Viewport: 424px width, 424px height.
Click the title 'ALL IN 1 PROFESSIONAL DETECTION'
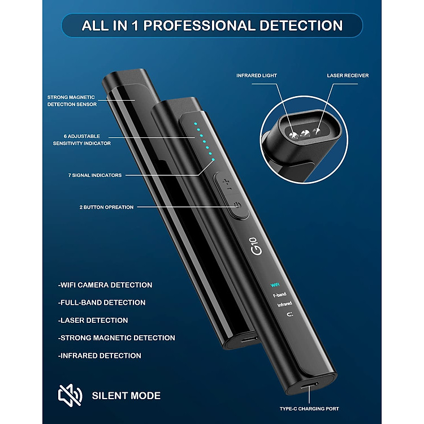click(x=212, y=25)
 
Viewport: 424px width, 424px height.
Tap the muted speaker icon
click(x=70, y=395)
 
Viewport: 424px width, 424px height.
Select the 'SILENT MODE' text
click(x=126, y=396)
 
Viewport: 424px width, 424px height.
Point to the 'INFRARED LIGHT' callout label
click(x=256, y=75)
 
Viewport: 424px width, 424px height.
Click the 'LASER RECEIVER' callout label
click(x=348, y=75)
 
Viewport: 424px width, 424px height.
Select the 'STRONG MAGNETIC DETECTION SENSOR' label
click(x=72, y=101)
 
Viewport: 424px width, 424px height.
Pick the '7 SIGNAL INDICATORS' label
click(x=94, y=175)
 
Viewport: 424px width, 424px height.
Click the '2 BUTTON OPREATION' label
click(x=106, y=207)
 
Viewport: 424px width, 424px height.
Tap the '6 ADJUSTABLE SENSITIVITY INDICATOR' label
click(x=78, y=140)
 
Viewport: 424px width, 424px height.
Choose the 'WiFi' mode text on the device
click(x=275, y=284)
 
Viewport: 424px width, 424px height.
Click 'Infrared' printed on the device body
click(x=284, y=305)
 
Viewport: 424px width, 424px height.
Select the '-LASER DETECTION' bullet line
click(x=93, y=320)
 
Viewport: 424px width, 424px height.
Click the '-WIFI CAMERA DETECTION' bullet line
click(x=105, y=285)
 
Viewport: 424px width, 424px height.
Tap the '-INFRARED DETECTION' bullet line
click(x=99, y=356)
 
